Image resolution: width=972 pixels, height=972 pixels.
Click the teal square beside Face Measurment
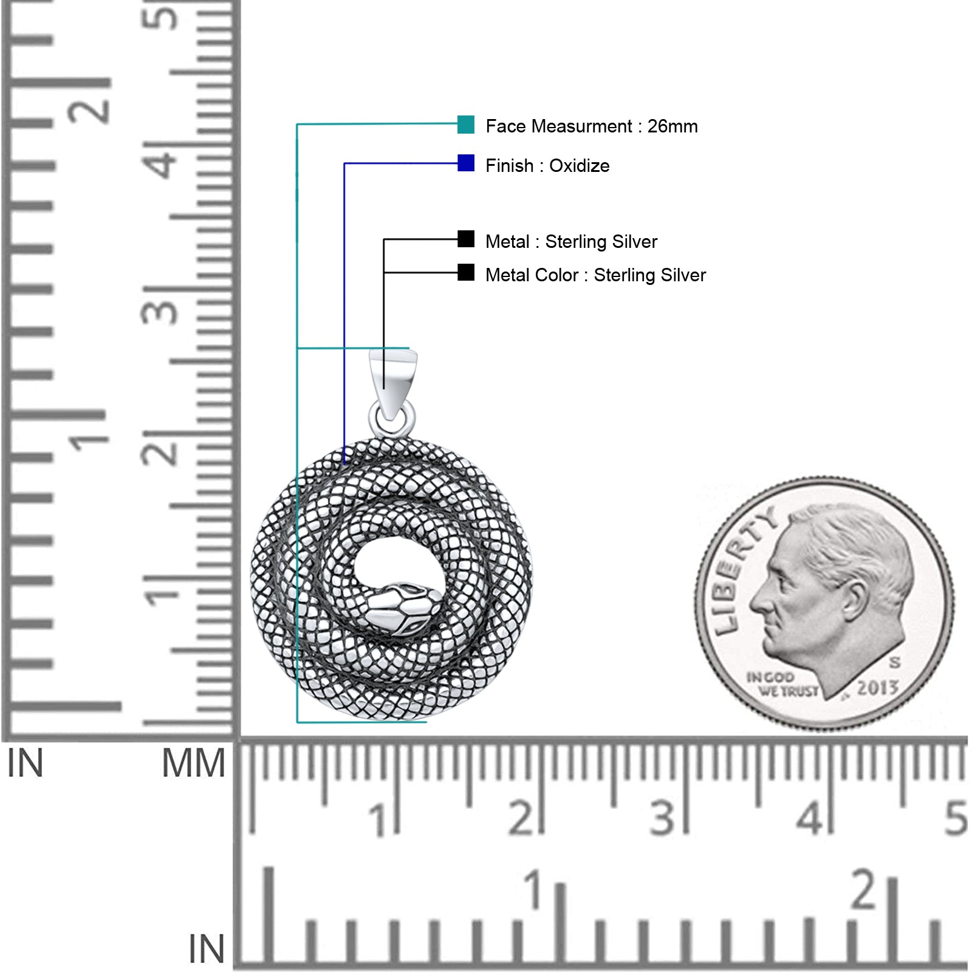click(466, 125)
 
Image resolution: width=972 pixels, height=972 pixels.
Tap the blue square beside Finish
click(466, 163)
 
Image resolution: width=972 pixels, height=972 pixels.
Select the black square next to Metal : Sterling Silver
click(466, 239)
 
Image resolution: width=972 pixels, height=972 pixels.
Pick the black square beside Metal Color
click(466, 272)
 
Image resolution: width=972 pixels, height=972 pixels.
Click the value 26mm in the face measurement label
click(673, 126)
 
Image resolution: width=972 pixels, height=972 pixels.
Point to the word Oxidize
click(579, 166)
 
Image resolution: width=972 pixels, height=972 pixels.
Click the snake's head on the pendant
click(403, 607)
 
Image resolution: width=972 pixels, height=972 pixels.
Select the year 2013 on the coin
click(877, 688)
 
